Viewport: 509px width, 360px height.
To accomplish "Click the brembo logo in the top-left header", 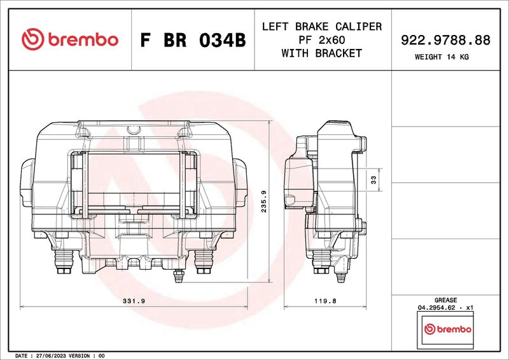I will coord(70,39).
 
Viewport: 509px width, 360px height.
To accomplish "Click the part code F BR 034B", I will coord(192,40).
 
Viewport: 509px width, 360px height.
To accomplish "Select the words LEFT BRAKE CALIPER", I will coord(321,27).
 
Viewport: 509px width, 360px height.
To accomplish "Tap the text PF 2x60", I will coord(321,40).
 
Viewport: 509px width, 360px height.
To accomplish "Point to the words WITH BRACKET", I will coord(321,53).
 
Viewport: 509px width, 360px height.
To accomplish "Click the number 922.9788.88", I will coord(445,40).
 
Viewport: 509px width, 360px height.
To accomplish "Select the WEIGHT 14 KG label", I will coord(445,57).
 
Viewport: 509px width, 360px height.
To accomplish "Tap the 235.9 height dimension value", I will coord(263,202).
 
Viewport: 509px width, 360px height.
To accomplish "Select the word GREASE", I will coord(445,299).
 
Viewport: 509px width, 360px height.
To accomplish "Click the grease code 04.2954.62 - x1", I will coord(445,307).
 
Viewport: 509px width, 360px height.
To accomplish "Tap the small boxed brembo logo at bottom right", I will coord(447,329).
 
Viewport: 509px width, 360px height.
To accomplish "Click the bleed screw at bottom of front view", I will coord(179,275).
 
